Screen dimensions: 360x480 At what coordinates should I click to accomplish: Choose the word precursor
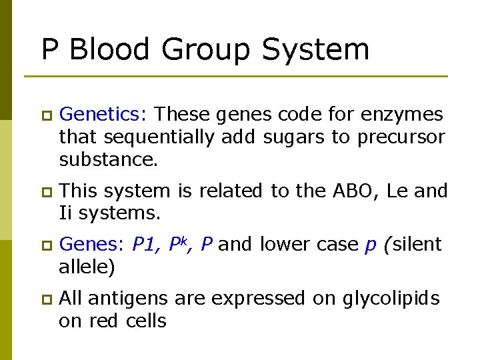coord(401,137)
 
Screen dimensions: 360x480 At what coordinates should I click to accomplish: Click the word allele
coord(83,267)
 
